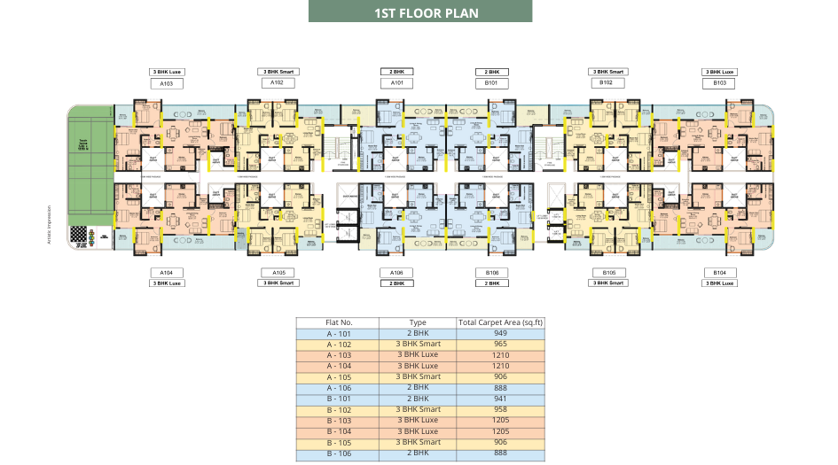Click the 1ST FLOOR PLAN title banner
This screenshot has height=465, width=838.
tap(419, 12)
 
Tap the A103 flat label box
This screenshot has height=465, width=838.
tap(166, 83)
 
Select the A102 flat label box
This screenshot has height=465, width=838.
tap(277, 82)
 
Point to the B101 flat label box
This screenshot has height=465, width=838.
tap(490, 82)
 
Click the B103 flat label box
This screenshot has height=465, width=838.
tap(719, 82)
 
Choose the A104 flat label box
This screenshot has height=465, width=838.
tap(166, 272)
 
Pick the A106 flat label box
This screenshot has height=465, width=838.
tap(396, 272)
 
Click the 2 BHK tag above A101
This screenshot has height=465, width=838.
tap(396, 71)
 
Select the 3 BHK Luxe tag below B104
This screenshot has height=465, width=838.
tap(719, 283)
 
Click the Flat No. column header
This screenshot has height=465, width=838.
tap(340, 322)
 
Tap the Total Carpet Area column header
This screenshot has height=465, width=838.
tap(499, 322)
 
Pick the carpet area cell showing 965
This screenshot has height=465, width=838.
tap(499, 345)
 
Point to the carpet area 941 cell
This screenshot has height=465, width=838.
tap(499, 399)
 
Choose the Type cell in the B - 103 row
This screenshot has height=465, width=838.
tap(419, 420)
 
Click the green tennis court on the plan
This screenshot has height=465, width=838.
tap(90, 139)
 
